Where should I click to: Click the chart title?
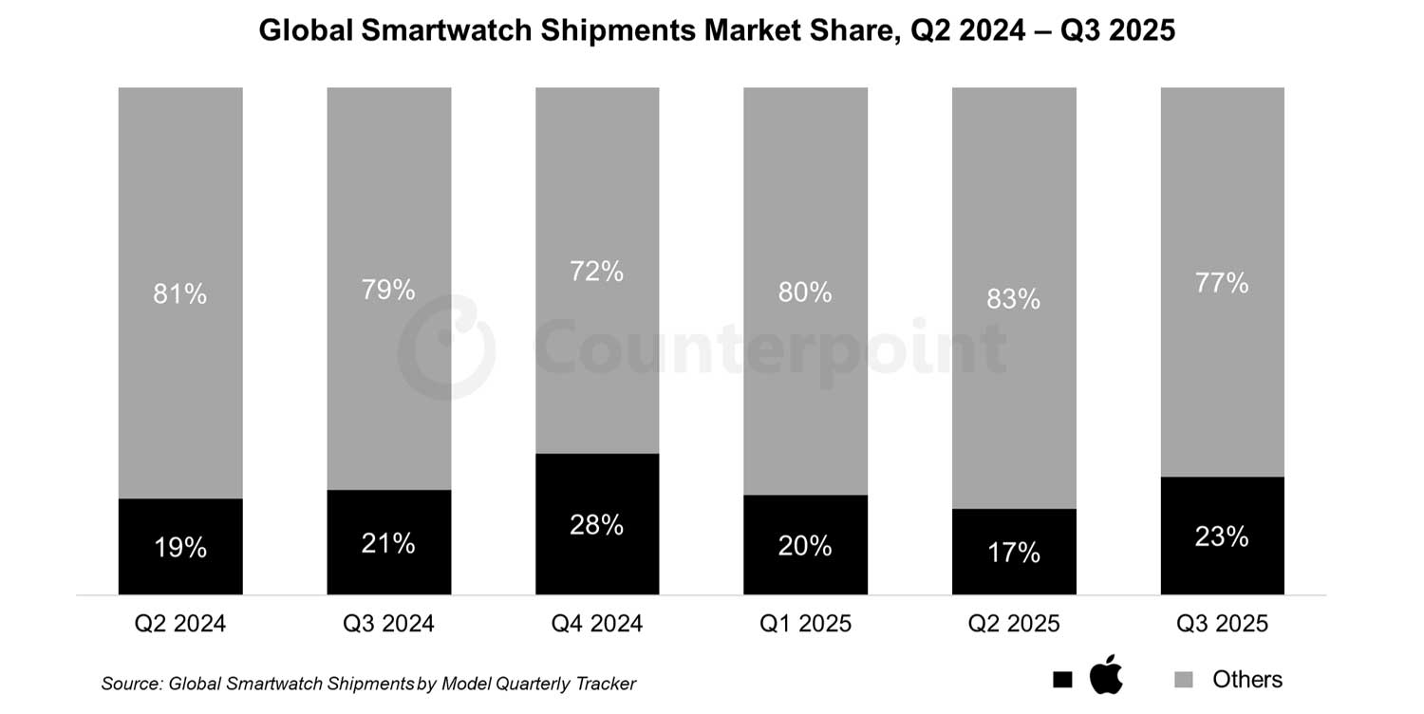(717, 30)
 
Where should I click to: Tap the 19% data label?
(180, 548)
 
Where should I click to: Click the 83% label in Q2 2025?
(1014, 299)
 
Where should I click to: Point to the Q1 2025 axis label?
(805, 624)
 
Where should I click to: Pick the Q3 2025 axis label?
(1222, 624)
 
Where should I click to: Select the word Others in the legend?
(1246, 680)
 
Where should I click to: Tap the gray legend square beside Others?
(1184, 680)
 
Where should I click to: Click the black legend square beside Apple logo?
(1062, 680)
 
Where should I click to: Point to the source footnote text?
(368, 684)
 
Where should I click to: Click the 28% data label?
(597, 524)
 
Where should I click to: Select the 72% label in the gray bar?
(597, 272)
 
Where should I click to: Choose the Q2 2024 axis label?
(180, 624)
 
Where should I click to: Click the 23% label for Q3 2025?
(1222, 536)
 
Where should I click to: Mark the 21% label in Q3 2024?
(388, 543)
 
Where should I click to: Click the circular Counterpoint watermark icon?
(445, 348)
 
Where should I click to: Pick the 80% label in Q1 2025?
(805, 292)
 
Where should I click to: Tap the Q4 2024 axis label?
(597, 624)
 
